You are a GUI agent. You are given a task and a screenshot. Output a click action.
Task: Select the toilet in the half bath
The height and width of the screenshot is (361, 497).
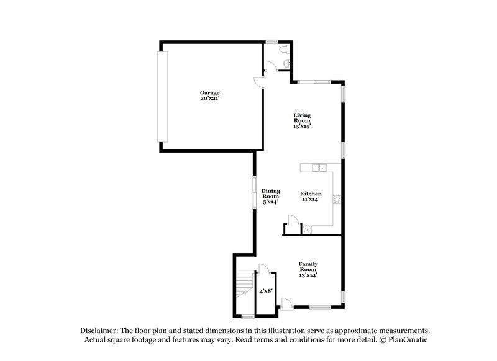point(283,49)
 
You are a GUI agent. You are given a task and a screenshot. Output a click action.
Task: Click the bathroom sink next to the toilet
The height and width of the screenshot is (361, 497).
point(286,63)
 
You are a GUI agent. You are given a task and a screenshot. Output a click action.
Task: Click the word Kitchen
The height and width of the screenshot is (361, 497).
point(311,194)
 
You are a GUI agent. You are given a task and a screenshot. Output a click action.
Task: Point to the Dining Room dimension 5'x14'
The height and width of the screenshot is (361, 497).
point(270,202)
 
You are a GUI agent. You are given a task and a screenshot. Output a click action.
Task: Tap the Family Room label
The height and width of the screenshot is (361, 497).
point(308,267)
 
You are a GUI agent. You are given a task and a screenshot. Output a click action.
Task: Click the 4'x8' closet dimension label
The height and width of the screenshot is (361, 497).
point(265,290)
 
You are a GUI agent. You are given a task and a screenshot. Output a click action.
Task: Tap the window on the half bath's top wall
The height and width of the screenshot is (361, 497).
point(271,42)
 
